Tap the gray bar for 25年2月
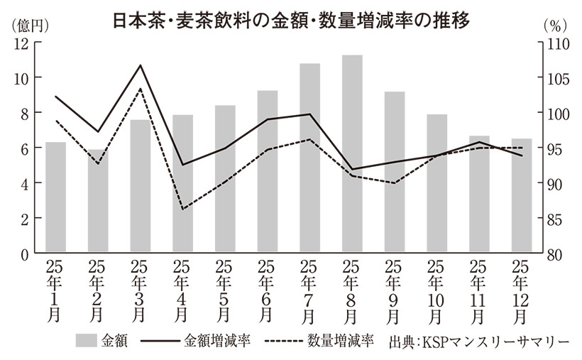[97, 202]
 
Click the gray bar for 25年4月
[182, 184]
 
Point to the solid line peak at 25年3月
[141, 65]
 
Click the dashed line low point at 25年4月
[182, 209]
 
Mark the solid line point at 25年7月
[310, 114]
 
